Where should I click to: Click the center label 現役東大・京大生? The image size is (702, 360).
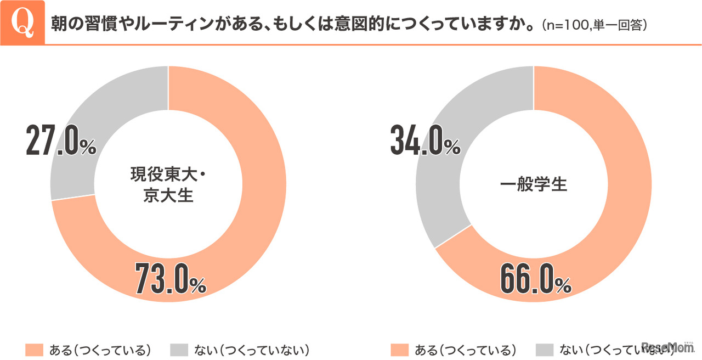[169, 184]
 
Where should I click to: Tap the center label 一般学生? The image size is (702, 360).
[534, 184]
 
